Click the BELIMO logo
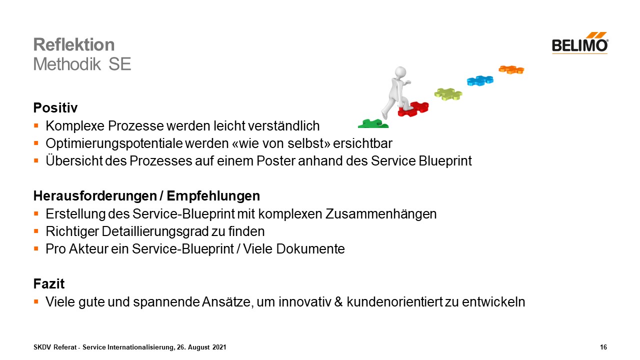[x=580, y=43]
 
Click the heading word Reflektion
[x=74, y=44]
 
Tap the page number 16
[x=603, y=347]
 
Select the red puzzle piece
[x=413, y=109]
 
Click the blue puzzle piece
[x=480, y=80]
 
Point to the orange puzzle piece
[x=511, y=69]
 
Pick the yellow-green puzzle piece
[x=448, y=94]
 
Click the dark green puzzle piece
[x=373, y=123]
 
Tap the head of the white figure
[x=400, y=72]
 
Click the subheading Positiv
[x=55, y=108]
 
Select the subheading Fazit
[x=49, y=283]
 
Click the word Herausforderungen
[x=95, y=196]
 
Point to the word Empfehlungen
[x=213, y=196]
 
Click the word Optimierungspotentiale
[x=114, y=143]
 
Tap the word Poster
[x=275, y=161]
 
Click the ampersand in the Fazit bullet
[x=338, y=301]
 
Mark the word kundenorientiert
[x=394, y=301]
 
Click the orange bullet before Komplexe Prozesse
[x=36, y=125]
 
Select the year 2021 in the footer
[x=219, y=347]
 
